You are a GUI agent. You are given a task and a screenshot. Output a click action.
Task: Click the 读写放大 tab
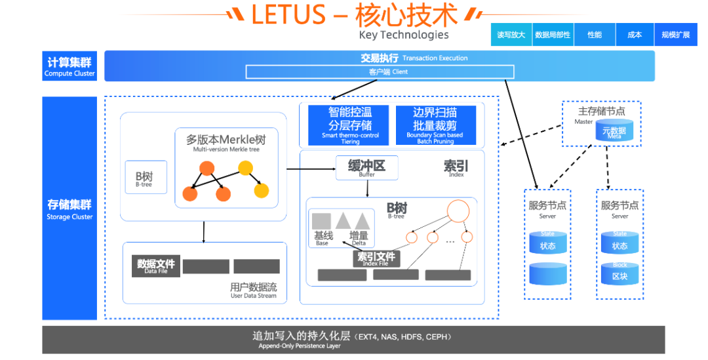click(511, 35)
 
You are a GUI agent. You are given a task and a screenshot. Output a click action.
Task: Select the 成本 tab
click(635, 35)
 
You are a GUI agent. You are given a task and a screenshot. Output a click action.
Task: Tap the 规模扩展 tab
click(676, 35)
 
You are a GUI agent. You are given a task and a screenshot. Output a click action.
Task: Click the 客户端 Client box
click(380, 71)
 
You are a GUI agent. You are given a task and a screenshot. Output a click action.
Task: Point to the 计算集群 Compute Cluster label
click(69, 66)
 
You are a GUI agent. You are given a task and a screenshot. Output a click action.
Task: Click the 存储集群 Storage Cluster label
click(69, 209)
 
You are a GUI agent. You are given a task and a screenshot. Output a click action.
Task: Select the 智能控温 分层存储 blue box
click(350, 125)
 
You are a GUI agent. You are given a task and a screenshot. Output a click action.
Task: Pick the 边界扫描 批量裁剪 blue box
click(435, 125)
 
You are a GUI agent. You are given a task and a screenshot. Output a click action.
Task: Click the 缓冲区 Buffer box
click(366, 168)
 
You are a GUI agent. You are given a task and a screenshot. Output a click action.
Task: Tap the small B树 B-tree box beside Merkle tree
click(143, 178)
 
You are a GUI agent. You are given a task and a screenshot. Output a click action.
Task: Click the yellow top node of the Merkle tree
click(245, 169)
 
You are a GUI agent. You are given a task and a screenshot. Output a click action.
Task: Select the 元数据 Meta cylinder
click(614, 131)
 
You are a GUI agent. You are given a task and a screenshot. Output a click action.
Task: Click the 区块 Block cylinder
click(619, 274)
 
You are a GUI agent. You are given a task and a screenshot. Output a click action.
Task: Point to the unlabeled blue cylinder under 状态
click(547, 274)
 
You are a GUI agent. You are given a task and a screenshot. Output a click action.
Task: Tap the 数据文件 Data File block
click(155, 266)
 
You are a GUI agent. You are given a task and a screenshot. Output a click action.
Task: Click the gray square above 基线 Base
click(321, 221)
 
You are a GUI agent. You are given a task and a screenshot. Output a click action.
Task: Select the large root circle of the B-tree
click(458, 210)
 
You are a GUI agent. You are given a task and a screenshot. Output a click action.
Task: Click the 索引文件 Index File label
click(376, 258)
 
